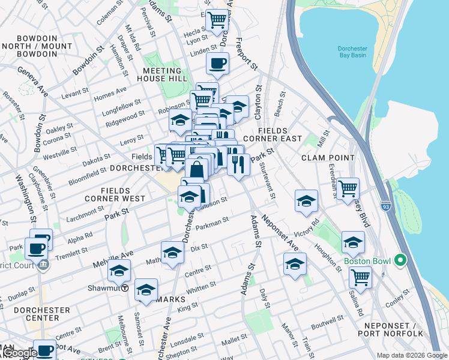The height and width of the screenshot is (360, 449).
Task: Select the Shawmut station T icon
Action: [x=125, y=287]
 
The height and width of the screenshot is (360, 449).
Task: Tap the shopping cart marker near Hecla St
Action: [x=217, y=20]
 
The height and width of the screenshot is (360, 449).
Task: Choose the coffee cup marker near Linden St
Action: [x=217, y=63]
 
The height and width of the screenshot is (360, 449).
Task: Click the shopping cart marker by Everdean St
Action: [x=348, y=189]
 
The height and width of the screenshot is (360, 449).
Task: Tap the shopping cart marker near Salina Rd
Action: [x=360, y=277]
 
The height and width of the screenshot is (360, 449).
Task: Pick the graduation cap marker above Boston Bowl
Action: [x=353, y=242]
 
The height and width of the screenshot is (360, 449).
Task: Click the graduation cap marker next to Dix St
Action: [x=172, y=253]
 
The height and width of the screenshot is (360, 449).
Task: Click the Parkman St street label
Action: [x=213, y=224]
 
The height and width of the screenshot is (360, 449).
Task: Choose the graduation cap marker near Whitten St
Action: [x=146, y=290]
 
